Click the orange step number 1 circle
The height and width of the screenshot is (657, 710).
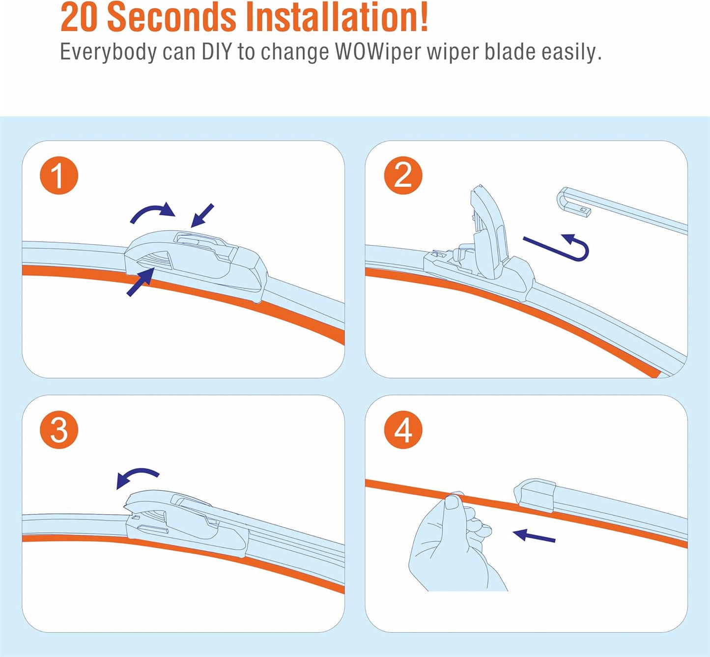[x=59, y=175]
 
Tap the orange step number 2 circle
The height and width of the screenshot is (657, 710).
[x=403, y=175]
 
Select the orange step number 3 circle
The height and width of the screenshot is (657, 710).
[x=59, y=429]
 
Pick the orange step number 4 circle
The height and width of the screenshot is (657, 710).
[x=403, y=429]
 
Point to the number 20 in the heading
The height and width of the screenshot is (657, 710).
[x=79, y=18]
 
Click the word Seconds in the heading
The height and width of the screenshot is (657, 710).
[x=171, y=18]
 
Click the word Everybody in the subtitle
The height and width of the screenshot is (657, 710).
[x=108, y=53]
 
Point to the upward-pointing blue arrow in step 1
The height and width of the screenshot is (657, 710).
[x=141, y=282]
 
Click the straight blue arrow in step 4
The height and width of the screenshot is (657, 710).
[x=534, y=536]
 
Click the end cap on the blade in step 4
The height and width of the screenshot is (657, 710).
[x=535, y=495]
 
